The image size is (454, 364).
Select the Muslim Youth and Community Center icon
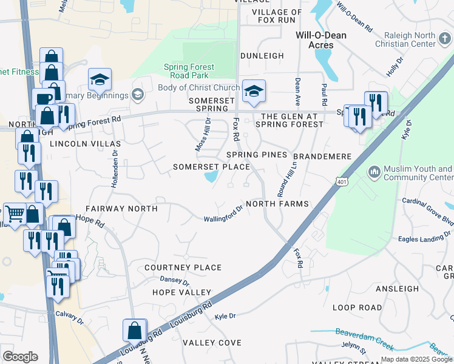click(x=374, y=173)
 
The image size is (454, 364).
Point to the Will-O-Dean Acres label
click(x=320, y=40)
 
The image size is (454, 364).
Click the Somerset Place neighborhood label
click(x=211, y=167)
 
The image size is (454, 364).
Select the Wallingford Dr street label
click(x=223, y=215)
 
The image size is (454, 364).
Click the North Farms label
click(x=277, y=204)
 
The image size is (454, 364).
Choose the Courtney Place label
click(x=183, y=268)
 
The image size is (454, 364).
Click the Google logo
click(x=20, y=357)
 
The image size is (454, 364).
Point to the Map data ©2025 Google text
click(x=416, y=359)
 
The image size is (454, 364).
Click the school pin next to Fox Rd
click(x=254, y=92)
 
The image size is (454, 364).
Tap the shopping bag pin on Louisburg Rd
click(x=134, y=331)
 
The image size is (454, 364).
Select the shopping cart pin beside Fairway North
click(x=15, y=214)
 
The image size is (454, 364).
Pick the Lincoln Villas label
click(x=85, y=144)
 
